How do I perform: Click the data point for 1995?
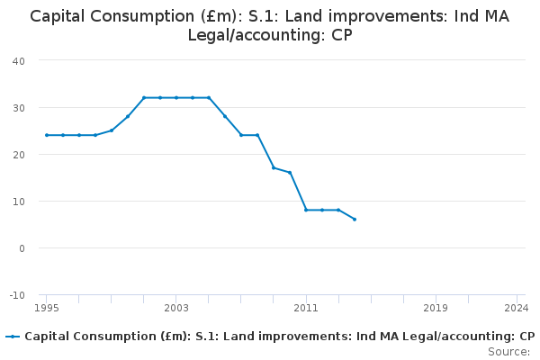click(x=47, y=135)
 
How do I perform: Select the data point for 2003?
click(x=176, y=97)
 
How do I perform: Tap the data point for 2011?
click(x=306, y=210)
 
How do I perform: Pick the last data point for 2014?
click(x=355, y=219)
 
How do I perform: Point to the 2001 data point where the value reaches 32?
click(x=144, y=97)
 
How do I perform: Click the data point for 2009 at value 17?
click(x=274, y=167)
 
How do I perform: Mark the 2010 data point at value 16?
click(x=290, y=172)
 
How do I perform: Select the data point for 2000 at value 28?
click(x=128, y=116)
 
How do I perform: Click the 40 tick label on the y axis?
click(x=18, y=60)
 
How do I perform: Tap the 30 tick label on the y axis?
click(x=18, y=107)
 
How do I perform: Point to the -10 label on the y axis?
click(x=16, y=294)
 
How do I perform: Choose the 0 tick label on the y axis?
click(x=21, y=247)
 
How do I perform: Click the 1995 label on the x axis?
click(x=47, y=308)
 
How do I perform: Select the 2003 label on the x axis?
click(x=176, y=308)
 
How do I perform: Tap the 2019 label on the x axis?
click(x=436, y=308)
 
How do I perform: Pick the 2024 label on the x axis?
click(x=517, y=308)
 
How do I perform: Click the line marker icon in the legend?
click(x=13, y=337)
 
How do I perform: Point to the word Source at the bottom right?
click(x=508, y=351)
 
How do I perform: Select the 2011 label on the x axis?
click(x=306, y=308)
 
